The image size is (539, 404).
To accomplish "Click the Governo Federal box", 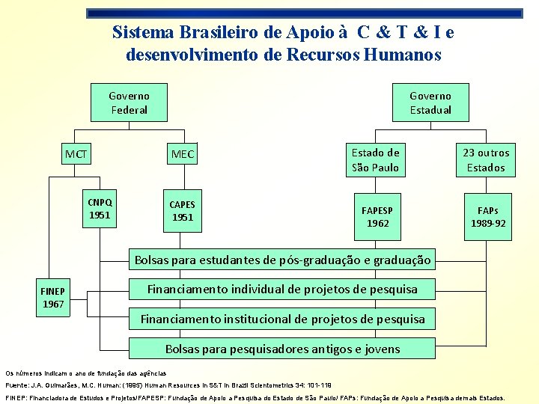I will pyautogui.click(x=129, y=103).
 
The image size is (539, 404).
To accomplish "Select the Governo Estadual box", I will pyautogui.click(x=430, y=103).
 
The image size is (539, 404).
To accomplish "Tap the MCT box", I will pyautogui.click(x=76, y=155).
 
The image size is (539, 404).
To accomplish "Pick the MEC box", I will pyautogui.click(x=183, y=155).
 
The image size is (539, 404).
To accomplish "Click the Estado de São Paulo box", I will pyautogui.click(x=376, y=160).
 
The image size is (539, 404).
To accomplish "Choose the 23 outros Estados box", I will pyautogui.click(x=486, y=160).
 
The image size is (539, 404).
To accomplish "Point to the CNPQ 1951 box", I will pyautogui.click(x=100, y=209).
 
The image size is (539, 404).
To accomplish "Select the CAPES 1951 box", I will pyautogui.click(x=183, y=211).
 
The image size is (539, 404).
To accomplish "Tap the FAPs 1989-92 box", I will pyautogui.click(x=487, y=217).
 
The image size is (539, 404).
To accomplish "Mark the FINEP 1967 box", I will pyautogui.click(x=53, y=298).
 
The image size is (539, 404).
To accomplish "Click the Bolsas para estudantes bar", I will pyautogui.click(x=282, y=261).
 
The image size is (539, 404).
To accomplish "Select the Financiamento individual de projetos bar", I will pyautogui.click(x=282, y=290).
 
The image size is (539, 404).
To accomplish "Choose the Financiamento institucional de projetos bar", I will pyautogui.click(x=282, y=319).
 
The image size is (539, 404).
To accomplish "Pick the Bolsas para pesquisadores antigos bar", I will pyautogui.click(x=282, y=349).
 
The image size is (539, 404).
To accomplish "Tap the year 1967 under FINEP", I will pyautogui.click(x=53, y=304).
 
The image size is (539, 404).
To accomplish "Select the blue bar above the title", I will pyautogui.click(x=304, y=13).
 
